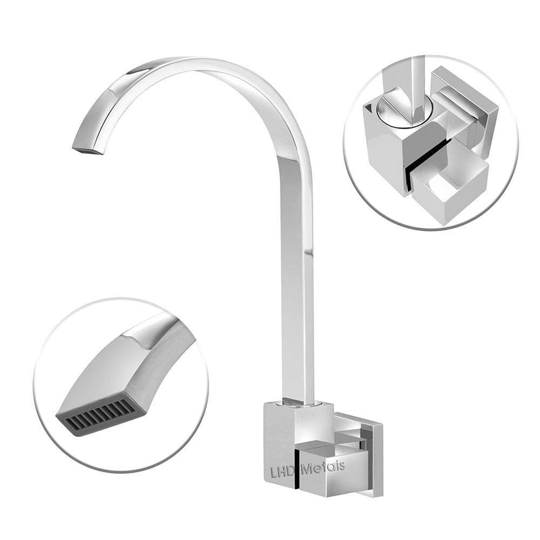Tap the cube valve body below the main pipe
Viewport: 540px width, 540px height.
[281, 432]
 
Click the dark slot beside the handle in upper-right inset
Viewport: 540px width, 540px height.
[427, 162]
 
